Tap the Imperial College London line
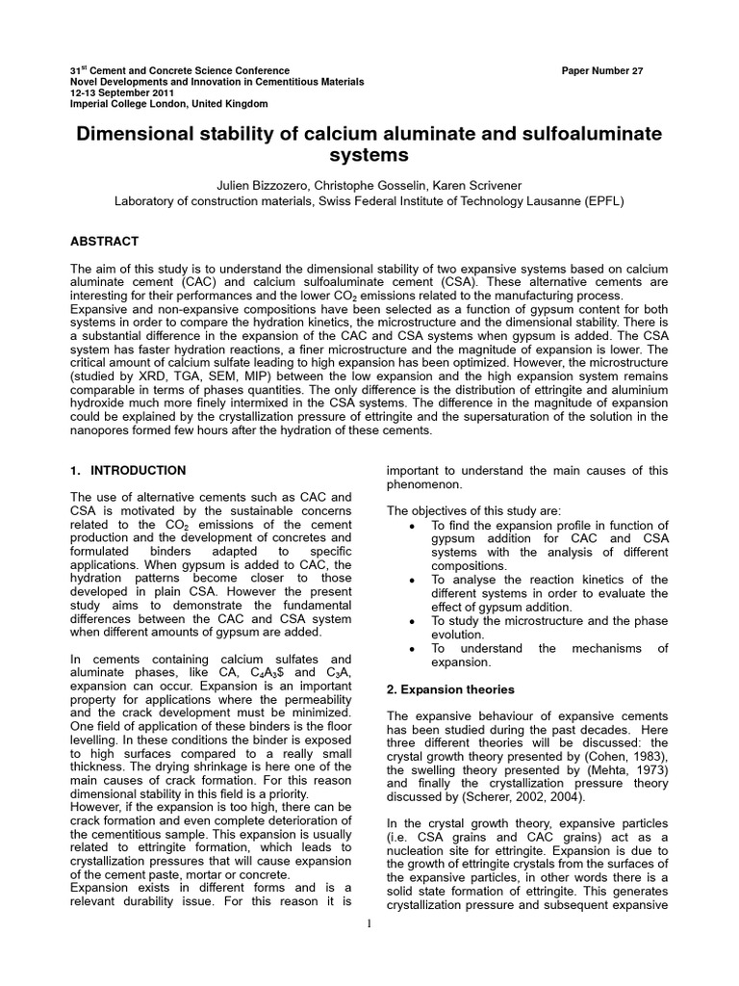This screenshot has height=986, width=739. pos(156,103)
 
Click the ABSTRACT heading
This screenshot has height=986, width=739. pos(105,241)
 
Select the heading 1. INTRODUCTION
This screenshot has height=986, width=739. pos(128,470)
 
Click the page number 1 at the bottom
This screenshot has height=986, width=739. pos(369,924)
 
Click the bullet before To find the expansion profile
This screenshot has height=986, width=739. pos(412,526)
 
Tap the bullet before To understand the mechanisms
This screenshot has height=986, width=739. pos(412,649)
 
